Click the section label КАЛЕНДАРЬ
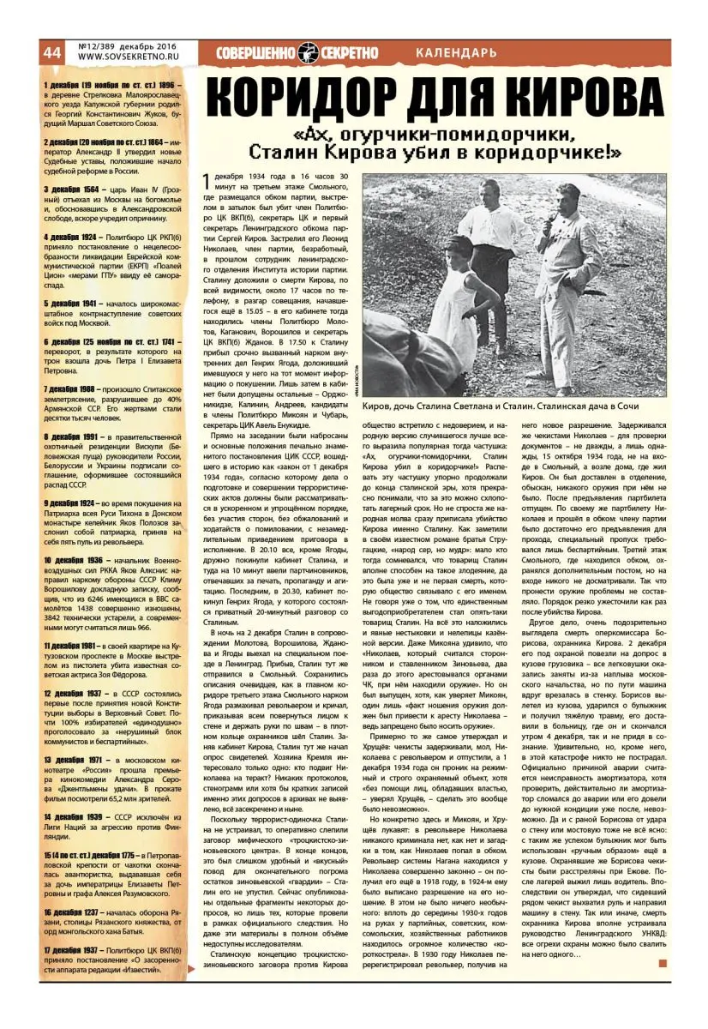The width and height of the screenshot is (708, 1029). [455, 53]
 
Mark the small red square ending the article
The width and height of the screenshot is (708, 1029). [662, 963]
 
